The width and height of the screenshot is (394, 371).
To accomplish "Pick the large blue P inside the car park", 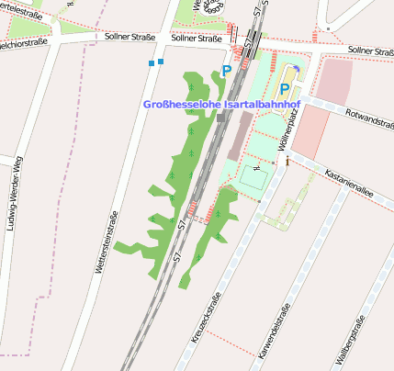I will click(x=285, y=90).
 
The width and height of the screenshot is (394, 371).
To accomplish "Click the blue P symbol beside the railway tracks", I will click(x=227, y=70).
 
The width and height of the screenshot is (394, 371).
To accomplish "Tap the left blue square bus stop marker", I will click(x=151, y=63).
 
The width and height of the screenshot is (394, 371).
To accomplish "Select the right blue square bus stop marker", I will click(x=161, y=62).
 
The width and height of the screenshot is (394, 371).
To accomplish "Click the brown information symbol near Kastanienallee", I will click(x=287, y=162).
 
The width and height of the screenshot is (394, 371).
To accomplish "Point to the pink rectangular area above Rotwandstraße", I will click(x=334, y=81).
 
